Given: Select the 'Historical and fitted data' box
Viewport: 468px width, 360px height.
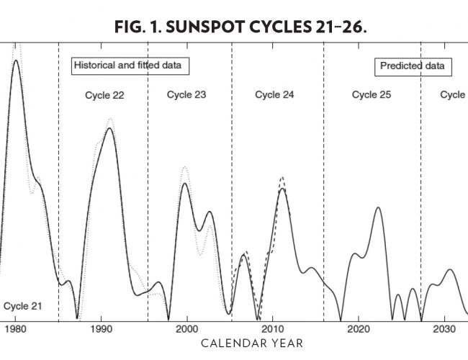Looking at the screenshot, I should click(130, 66).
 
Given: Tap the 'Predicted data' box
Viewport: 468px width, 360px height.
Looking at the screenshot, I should click(413, 66).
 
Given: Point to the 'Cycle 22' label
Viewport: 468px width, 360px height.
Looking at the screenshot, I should click(104, 95).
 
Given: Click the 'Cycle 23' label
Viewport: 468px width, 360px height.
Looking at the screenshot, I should click(186, 95).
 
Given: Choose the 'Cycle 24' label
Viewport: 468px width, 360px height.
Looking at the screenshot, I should click(274, 95).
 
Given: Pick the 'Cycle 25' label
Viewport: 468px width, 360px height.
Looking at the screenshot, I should click(372, 95).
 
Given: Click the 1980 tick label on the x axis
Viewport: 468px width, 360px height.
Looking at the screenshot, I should click(16, 328).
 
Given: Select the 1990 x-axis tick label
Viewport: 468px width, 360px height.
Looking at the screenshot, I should click(102, 328).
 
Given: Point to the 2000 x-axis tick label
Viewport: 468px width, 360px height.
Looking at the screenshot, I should click(187, 328).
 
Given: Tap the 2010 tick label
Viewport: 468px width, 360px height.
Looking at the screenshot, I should click(273, 328).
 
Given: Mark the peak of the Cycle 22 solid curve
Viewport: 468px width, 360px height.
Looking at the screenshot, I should click(109, 128).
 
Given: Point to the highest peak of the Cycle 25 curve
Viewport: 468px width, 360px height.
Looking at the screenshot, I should click(379, 207).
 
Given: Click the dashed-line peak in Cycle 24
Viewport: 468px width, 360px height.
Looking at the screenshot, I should click(282, 177).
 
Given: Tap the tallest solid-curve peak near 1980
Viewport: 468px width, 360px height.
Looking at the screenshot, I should click(15, 60).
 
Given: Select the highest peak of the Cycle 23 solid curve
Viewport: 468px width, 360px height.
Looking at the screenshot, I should click(185, 183).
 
